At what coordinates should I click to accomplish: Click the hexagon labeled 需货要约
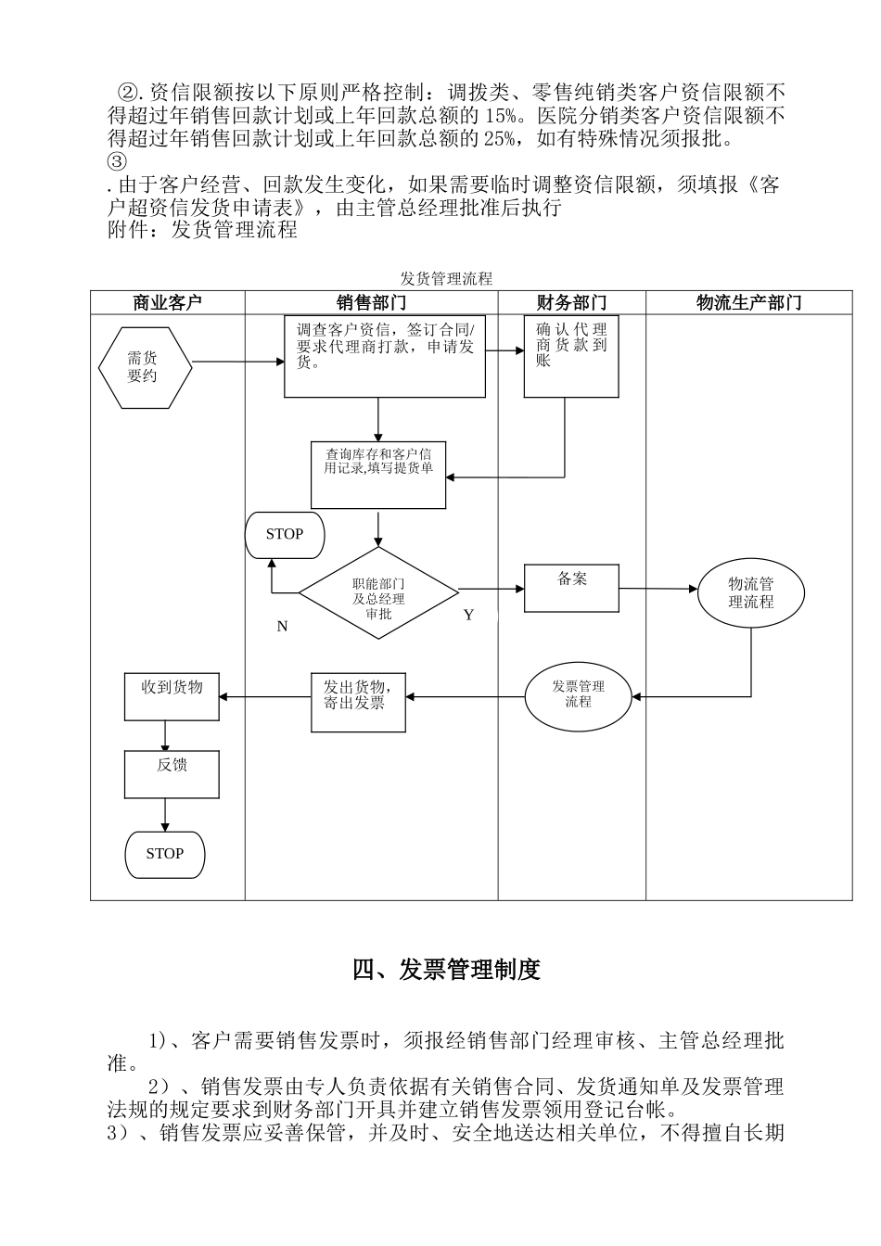[145, 368]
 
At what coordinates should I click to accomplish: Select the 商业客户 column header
[167, 302]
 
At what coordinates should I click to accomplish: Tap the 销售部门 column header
[371, 302]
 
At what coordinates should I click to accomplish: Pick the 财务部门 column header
[571, 302]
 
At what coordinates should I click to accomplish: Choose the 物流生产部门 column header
[748, 302]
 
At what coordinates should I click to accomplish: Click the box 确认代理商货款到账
[571, 357]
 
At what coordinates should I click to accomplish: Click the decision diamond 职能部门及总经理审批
[378, 593]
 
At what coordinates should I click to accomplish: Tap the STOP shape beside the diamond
[285, 535]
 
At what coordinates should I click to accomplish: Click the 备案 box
[571, 588]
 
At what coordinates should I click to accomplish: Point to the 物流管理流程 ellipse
[751, 592]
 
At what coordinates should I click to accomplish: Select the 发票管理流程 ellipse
[578, 694]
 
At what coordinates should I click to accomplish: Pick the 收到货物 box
[172, 696]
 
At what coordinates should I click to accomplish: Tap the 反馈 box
[172, 774]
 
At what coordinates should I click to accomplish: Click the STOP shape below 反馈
[164, 854]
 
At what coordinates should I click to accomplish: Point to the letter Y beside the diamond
[468, 616]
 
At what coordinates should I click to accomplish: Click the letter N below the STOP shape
[283, 627]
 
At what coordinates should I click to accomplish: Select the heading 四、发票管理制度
[446, 970]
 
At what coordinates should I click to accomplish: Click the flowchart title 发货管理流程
[446, 278]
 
